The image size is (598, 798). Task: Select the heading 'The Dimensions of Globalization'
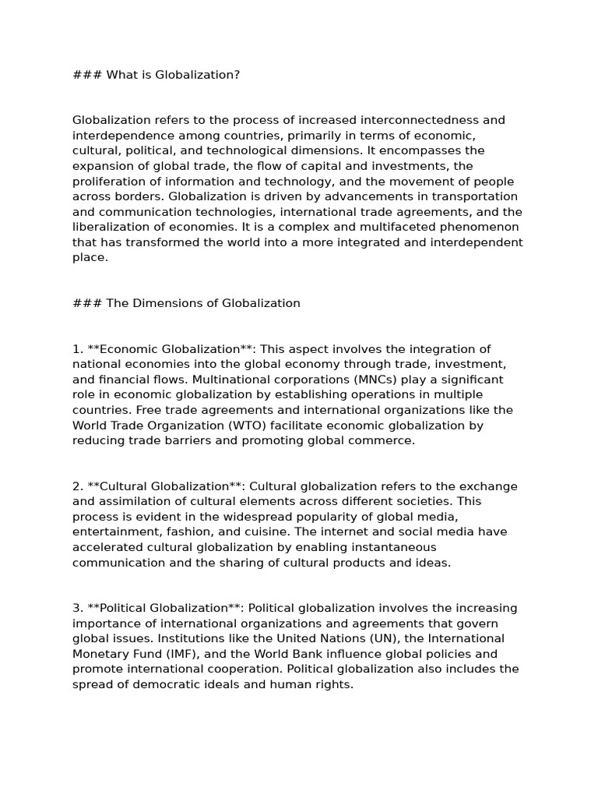pyautogui.click(x=202, y=303)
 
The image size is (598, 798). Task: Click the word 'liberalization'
pyautogui.click(x=110, y=228)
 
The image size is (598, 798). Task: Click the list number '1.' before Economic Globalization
pyautogui.click(x=77, y=349)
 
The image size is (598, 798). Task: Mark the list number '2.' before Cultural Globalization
pyautogui.click(x=77, y=486)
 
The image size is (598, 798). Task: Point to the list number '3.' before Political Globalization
pyautogui.click(x=77, y=609)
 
